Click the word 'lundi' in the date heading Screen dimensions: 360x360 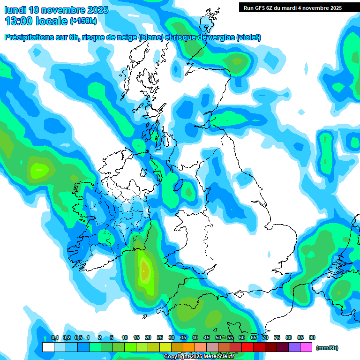pos(15,10)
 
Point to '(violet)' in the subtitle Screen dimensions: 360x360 pos(249,37)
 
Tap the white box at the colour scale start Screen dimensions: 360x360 pos(48,347)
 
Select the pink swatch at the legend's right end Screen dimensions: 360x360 pos(306,347)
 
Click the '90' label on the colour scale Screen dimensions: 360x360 pos(312,338)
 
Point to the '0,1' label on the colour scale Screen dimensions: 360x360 pos(54,338)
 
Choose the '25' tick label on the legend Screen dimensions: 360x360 pos(160,338)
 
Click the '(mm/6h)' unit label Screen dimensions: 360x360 pos(327,348)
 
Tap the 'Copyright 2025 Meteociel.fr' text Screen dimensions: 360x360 pos(199,357)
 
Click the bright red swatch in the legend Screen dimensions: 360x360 pos(259,347)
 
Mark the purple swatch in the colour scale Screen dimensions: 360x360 pos(294,347)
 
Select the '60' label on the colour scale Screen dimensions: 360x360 pos(242,338)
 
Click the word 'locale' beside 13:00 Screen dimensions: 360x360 pos(52,21)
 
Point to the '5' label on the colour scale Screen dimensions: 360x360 pos(112,338)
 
